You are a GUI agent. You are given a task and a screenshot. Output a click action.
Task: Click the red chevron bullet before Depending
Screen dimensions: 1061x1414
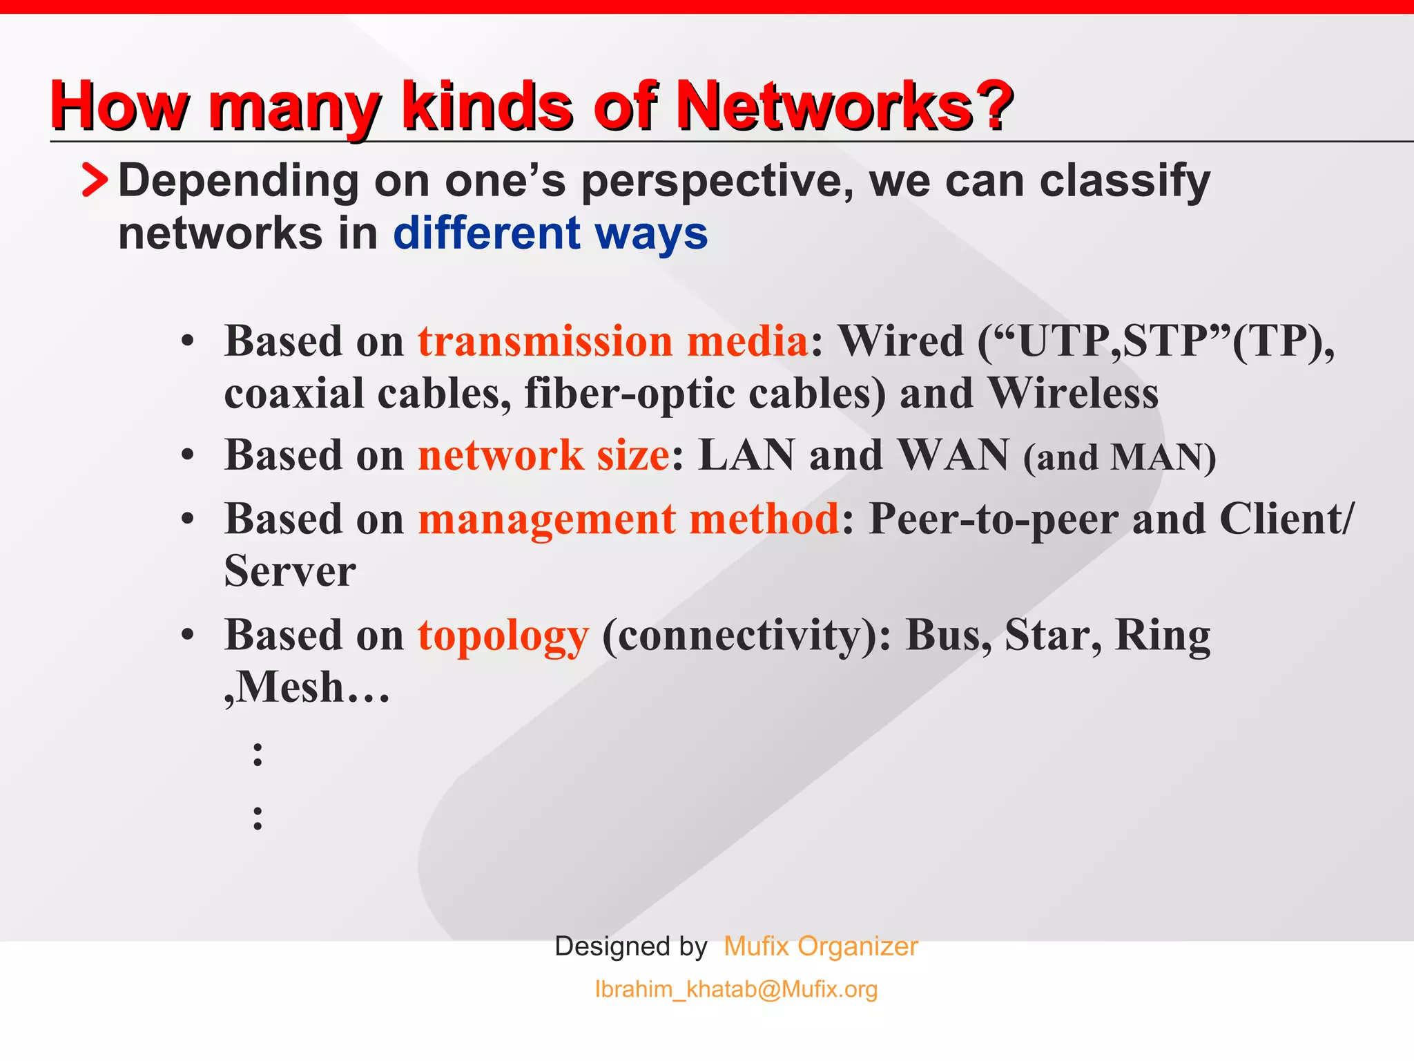tap(95, 180)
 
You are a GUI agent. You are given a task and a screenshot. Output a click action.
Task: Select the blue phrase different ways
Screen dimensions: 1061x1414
tap(550, 233)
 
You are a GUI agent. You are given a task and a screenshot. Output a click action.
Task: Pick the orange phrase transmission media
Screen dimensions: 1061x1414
tap(612, 341)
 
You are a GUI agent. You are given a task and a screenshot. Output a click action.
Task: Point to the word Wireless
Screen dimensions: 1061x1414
tap(1074, 394)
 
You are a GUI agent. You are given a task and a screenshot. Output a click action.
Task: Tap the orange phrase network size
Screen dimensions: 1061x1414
tap(543, 456)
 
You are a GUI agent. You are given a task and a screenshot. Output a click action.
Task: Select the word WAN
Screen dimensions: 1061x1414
tap(954, 456)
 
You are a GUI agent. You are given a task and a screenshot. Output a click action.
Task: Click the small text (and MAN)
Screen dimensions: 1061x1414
tap(1119, 458)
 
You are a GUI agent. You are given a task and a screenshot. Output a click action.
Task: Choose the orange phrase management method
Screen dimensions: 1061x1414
tap(628, 519)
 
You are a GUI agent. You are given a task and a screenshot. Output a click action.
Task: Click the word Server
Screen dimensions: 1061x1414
tap(290, 571)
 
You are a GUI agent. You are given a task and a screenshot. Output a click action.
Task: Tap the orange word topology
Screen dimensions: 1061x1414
tap(503, 635)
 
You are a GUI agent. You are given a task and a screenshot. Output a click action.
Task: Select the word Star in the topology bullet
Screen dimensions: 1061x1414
tap(1047, 635)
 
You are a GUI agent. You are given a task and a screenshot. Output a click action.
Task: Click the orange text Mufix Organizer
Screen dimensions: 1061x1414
tap(821, 946)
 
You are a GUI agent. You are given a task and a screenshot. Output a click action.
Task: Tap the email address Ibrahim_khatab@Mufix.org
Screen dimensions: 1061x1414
tap(736, 989)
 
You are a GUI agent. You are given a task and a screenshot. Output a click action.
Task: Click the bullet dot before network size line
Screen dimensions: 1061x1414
tap(188, 457)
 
